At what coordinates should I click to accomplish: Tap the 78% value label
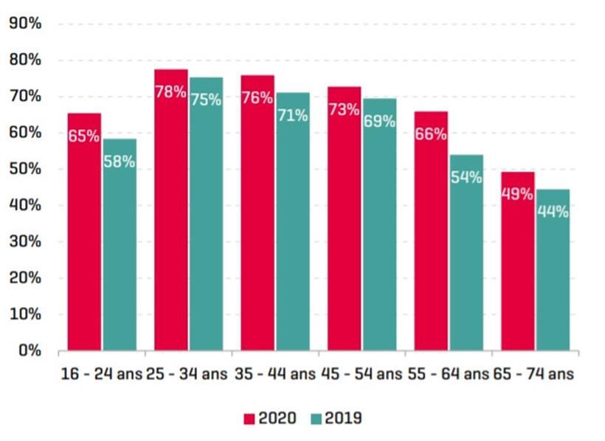[x=170, y=93]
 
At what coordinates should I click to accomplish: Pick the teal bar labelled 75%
[x=206, y=221]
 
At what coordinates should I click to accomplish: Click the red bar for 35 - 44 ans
[x=257, y=221]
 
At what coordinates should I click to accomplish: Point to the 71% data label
[x=293, y=116]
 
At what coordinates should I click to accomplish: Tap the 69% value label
[x=379, y=122]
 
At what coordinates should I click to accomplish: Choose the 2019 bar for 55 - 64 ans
[x=466, y=258]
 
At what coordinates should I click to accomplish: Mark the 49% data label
[x=517, y=194]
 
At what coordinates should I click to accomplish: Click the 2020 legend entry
[x=270, y=418]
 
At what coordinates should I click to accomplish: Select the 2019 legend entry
[x=335, y=418]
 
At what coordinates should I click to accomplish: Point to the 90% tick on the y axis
[x=24, y=24]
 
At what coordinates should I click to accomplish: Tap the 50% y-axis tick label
[x=24, y=169]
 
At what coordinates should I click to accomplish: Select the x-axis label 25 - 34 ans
[x=188, y=374]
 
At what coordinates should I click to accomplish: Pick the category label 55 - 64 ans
[x=448, y=374]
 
